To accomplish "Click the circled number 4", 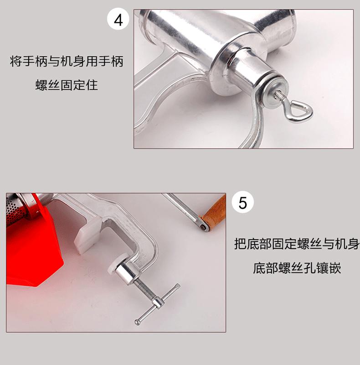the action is point(118,19).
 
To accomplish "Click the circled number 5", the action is point(242,203).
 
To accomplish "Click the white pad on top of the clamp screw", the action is point(116,264).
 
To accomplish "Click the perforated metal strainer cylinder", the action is point(16,210).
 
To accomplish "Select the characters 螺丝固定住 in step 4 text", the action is point(67,85).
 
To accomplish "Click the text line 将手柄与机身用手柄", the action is point(67,62).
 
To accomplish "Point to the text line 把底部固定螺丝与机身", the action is point(297,244).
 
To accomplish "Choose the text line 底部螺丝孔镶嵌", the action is point(297,268).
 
